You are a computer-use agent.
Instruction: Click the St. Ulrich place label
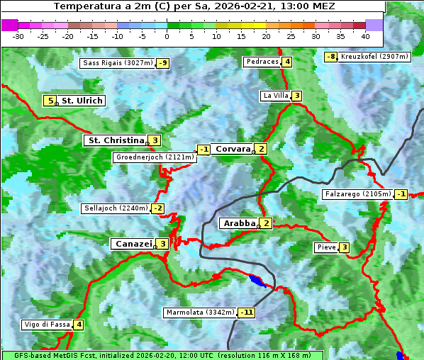82,101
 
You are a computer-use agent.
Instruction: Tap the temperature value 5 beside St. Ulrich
50,101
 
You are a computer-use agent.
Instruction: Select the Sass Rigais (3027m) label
118,63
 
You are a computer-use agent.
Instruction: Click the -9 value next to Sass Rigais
163,63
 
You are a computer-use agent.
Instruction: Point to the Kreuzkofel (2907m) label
374,57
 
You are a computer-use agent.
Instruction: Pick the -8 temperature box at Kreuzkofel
330,57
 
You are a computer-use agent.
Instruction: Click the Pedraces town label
262,62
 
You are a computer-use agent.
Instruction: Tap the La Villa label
275,96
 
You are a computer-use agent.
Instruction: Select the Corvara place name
233,149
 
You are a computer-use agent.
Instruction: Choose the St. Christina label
115,140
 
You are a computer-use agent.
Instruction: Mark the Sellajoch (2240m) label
116,208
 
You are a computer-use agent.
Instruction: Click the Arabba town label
239,223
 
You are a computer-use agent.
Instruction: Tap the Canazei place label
133,244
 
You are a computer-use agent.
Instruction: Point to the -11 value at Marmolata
246,313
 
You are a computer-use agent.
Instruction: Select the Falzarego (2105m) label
357,194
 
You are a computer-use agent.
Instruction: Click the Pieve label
326,247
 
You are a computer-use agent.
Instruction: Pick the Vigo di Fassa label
47,325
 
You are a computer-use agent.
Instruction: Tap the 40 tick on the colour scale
364,36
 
